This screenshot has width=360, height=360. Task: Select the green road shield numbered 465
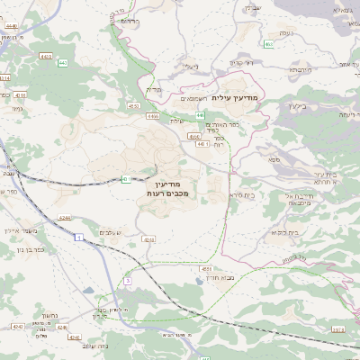tap(269, 43)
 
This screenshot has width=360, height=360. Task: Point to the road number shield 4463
tap(45, 56)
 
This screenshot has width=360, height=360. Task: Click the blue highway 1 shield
tap(79, 236)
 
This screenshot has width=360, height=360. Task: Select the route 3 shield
tap(128, 281)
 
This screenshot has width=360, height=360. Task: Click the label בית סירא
tap(241, 194)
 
